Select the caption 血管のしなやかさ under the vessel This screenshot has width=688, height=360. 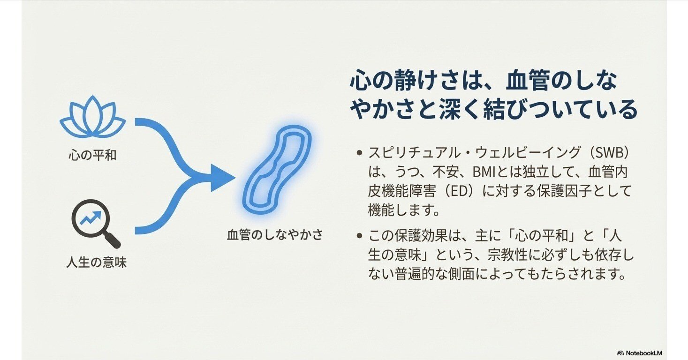(275, 234)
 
